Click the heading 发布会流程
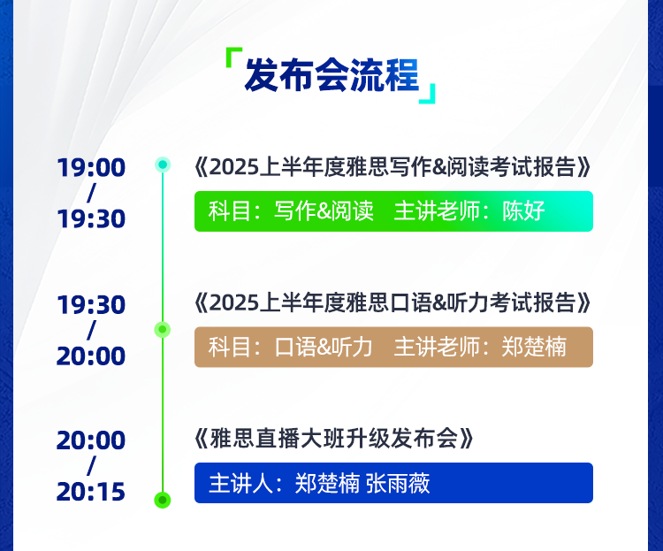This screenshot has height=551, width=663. pos(331,75)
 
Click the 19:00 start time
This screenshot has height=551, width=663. pos(91,167)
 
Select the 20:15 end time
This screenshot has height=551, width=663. pos(91,492)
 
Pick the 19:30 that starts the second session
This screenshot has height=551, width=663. pos(91,305)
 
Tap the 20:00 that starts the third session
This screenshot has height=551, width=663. pos(91,440)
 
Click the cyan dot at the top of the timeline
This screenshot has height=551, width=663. pos(163,165)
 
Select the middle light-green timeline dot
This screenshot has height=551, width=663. pos(163,330)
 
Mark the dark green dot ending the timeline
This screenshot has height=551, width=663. pos(163,501)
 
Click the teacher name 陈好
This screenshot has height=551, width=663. pos(523,210)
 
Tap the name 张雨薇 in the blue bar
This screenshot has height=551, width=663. pos(398,483)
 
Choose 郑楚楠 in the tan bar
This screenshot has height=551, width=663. pos(534,347)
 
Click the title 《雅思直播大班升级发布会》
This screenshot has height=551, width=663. pos(334,439)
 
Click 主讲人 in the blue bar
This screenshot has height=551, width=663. pos(241,483)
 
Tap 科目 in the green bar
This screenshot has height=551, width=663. pos(230,210)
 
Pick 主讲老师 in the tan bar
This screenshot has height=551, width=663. pos(437,347)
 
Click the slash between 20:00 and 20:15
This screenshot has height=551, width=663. pos(91,466)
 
